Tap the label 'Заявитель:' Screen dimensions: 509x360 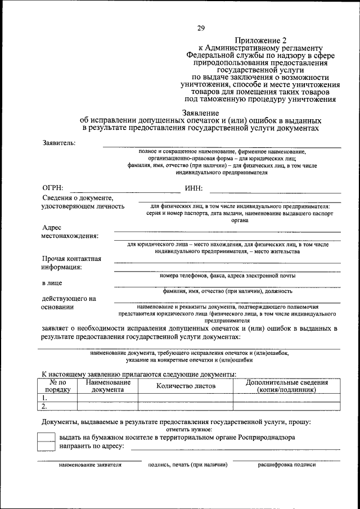tap(60, 142)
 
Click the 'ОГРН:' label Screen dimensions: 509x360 tap(53, 188)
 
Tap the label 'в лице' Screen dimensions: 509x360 tap(52, 283)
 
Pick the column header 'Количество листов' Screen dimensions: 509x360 tap(185, 386)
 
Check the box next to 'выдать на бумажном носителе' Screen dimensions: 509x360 tap(46, 437)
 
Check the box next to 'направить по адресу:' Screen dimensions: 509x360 tap(46, 446)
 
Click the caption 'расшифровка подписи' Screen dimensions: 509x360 tap(287, 465)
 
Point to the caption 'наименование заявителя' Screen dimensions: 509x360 tap(90, 465)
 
